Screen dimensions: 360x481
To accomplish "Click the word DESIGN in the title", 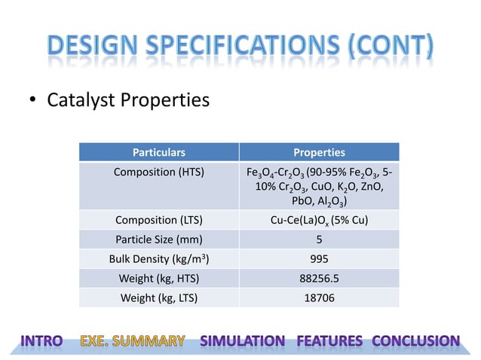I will click(x=94, y=46).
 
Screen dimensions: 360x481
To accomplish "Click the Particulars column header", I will click(x=159, y=152).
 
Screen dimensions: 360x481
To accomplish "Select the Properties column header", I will click(x=319, y=152).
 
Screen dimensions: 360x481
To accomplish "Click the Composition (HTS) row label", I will click(x=159, y=172).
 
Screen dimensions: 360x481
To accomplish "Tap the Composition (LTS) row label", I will click(x=159, y=221).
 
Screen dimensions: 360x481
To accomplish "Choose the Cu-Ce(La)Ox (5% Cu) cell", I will click(x=319, y=221).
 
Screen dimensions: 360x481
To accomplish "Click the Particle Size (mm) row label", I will click(x=159, y=240).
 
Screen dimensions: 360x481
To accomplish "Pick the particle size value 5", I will click(x=319, y=240).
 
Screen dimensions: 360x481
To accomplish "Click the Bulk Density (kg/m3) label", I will click(x=159, y=260).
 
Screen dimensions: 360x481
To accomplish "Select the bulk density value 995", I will click(x=319, y=260).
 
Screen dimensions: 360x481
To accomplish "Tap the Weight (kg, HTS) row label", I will click(x=159, y=279).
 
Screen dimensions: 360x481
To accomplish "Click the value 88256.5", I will click(x=319, y=279).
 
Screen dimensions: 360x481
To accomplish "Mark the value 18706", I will click(x=319, y=297).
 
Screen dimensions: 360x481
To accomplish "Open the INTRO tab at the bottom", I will click(x=42, y=341).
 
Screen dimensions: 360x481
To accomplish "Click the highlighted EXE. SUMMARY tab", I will click(x=133, y=341).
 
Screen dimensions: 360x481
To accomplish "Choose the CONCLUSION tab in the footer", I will click(x=415, y=341).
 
